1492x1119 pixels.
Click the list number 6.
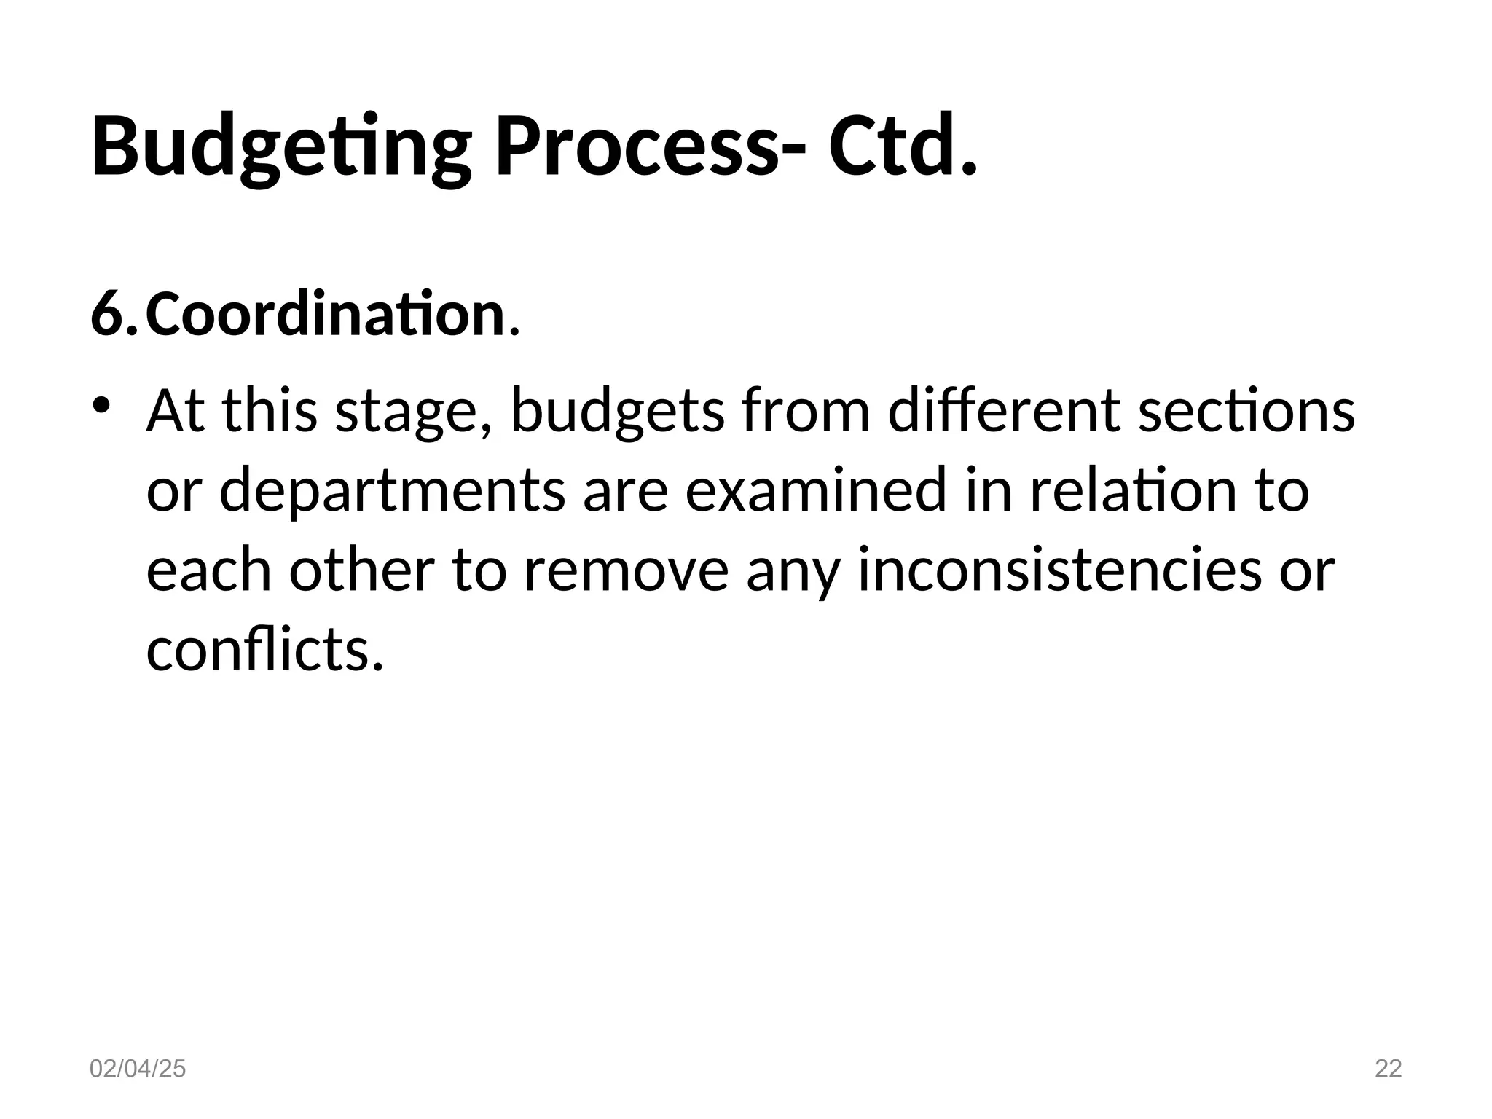112,315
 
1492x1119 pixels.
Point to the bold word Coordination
326,315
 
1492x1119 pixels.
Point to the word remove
626,570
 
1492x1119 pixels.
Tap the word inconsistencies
1059,570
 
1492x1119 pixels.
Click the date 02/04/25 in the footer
138,1069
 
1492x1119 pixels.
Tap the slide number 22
1388,1069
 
